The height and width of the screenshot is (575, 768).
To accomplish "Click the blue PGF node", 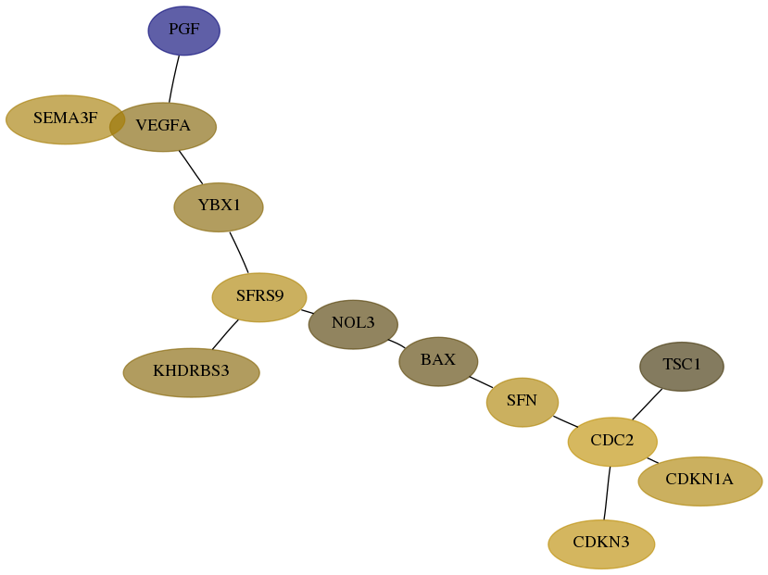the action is click(183, 31).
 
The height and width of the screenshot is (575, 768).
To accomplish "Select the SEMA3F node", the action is click(65, 119).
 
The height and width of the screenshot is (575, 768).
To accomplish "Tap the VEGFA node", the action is click(163, 127).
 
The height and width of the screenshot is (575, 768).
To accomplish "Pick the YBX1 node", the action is click(219, 207).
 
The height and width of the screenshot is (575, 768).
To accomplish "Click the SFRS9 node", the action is click(259, 297).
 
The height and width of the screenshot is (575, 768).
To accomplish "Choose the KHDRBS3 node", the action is click(191, 372).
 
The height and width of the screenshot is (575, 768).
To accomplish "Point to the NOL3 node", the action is click(353, 324).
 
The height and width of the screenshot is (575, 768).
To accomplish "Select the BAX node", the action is click(438, 361).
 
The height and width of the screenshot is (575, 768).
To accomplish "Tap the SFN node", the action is click(522, 402).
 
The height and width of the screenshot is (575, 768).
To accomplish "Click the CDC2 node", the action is click(612, 442).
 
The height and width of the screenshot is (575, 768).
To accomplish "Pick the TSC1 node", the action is click(681, 366).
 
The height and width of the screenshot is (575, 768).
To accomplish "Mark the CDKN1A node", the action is click(700, 481).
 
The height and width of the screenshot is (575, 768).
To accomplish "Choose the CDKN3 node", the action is click(601, 544).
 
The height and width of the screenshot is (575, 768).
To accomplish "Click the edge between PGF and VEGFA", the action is click(174, 79).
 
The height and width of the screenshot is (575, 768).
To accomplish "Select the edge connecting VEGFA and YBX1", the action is click(191, 168).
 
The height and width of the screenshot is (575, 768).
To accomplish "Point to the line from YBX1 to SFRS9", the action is click(239, 252).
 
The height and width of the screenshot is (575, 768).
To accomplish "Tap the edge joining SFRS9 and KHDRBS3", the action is click(225, 335).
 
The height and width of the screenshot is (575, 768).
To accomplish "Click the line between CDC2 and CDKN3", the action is click(607, 493).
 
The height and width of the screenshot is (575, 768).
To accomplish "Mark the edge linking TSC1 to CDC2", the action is click(647, 405).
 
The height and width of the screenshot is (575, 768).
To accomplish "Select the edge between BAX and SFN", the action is click(482, 382).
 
